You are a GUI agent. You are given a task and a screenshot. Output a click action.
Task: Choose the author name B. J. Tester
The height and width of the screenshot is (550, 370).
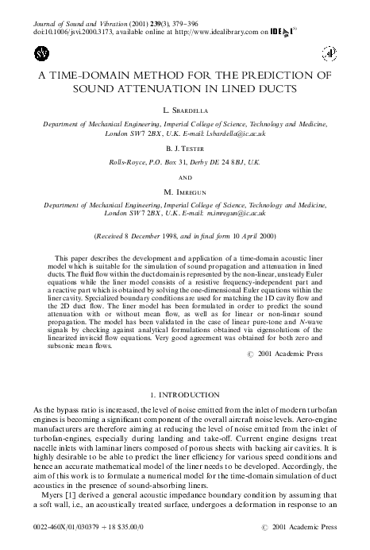(x=184, y=148)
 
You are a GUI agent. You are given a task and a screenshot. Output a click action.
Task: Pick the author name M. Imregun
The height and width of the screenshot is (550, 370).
(x=184, y=193)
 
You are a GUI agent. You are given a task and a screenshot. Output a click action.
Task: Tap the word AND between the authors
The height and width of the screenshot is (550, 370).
(x=184, y=177)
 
